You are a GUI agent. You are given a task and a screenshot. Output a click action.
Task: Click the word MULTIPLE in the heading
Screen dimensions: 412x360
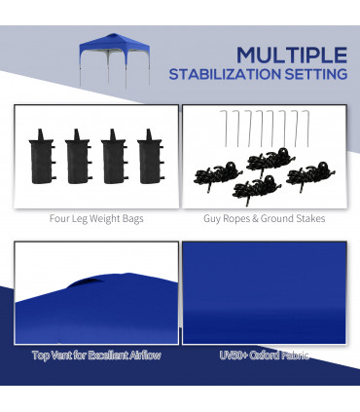pyautogui.click(x=291, y=54)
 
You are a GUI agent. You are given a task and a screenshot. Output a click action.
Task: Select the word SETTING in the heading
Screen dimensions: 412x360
pyautogui.click(x=317, y=75)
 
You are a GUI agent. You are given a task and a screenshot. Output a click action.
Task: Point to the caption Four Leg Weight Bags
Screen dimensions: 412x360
pyautogui.click(x=96, y=219)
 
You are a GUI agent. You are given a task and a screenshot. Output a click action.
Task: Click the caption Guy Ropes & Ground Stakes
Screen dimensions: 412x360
pyautogui.click(x=264, y=219)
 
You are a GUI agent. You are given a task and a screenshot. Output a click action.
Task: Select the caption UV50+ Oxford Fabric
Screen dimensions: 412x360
pyautogui.click(x=264, y=356)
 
